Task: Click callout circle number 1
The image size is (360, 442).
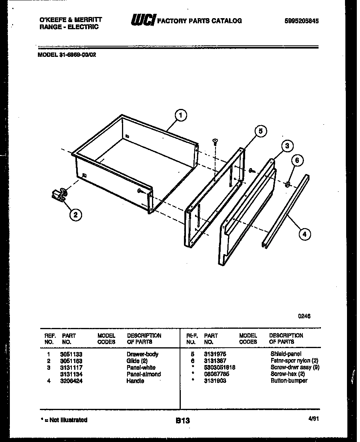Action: click(x=180, y=115)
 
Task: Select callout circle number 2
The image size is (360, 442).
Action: click(x=75, y=215)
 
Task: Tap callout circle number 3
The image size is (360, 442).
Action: click(x=287, y=146)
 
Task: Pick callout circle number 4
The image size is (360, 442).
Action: click(x=304, y=234)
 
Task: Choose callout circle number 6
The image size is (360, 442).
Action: click(x=298, y=160)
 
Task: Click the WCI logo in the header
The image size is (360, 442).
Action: click(x=143, y=20)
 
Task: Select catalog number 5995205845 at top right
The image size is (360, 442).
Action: click(x=301, y=21)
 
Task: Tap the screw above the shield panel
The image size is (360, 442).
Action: click(x=215, y=141)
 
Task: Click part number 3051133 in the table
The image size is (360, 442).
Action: click(x=71, y=354)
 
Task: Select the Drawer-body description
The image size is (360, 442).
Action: click(x=142, y=354)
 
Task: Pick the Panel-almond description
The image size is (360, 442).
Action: click(x=144, y=374)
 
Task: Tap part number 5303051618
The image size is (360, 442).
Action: click(x=219, y=367)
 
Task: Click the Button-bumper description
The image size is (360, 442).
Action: click(x=289, y=381)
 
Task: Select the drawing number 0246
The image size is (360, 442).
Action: click(x=305, y=316)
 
